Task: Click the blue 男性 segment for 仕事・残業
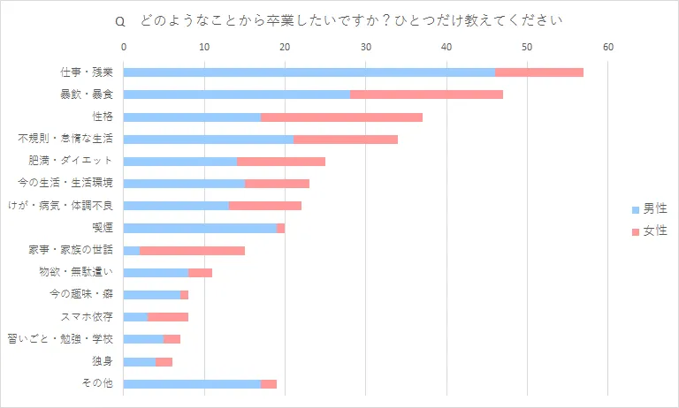309,72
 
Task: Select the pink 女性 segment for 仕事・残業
539,72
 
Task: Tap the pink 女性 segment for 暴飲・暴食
426,94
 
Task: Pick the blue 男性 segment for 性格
192,117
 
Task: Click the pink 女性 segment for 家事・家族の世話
192,250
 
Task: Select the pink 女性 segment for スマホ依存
168,317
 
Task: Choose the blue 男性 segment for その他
192,383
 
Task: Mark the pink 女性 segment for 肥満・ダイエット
281,161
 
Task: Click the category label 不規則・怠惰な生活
72,139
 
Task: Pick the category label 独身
102,361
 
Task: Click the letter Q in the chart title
120,19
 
